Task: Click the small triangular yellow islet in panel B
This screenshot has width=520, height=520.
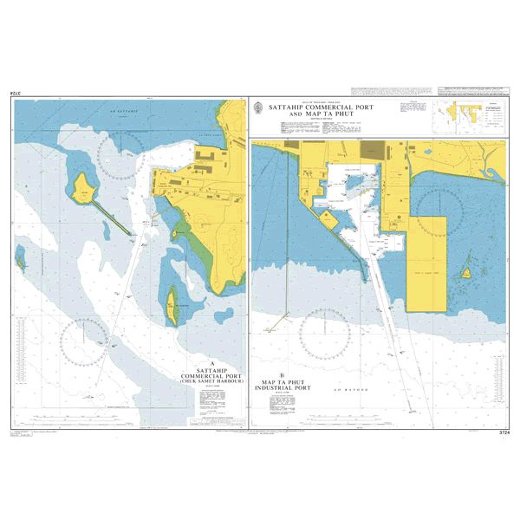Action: [x=466, y=272]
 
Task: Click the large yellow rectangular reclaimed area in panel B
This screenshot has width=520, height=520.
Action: [x=426, y=257]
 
